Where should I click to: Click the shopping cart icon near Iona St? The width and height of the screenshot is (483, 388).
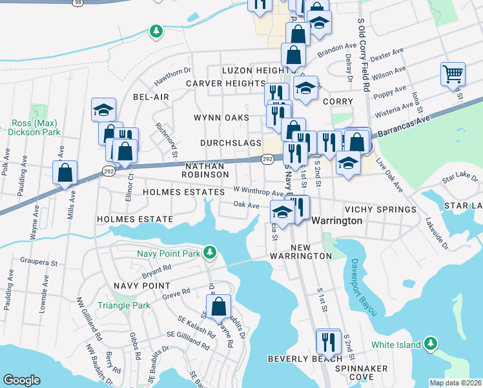tap(453, 74)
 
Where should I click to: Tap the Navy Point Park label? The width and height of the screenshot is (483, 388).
tap(169, 252)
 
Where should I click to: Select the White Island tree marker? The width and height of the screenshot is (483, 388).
tap(431, 345)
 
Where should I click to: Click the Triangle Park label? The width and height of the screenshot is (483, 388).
tap(123, 305)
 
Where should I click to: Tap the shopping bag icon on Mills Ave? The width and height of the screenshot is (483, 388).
tap(65, 173)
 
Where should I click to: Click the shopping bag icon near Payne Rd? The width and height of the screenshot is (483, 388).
tap(219, 307)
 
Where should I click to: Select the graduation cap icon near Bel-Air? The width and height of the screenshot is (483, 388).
tap(103, 110)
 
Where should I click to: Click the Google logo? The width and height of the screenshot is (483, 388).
tap(22, 380)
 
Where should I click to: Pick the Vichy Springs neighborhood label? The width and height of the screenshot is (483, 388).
tap(380, 210)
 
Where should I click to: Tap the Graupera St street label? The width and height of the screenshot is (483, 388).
tap(37, 264)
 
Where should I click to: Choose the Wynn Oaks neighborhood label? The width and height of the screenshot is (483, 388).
tap(221, 118)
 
